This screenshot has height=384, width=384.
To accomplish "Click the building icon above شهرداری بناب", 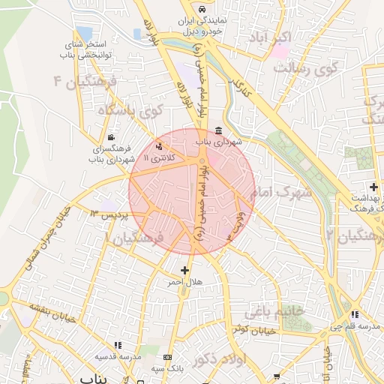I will point(217,130).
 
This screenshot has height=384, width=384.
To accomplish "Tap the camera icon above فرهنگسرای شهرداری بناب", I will point(112,137).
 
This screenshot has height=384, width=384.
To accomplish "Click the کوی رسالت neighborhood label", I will point(306,67).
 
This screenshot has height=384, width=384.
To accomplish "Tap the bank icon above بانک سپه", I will point(166,357).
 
